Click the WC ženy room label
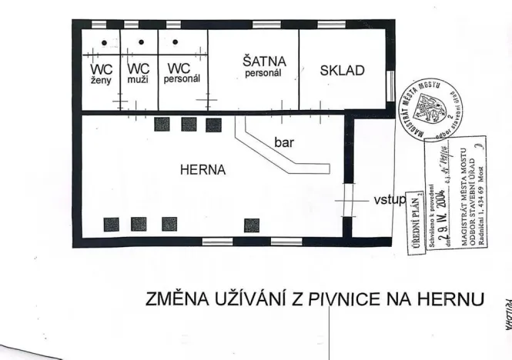(102, 73)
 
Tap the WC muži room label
(139, 73)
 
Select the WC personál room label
(182, 73)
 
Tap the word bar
(285, 142)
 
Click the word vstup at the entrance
(389, 199)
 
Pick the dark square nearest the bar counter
(212, 124)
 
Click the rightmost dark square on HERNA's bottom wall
(252, 225)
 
